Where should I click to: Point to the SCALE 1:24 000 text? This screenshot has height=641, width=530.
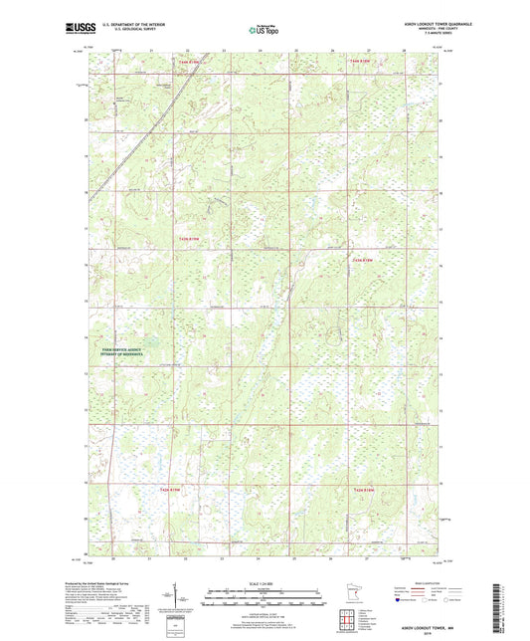pos(262,584)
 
